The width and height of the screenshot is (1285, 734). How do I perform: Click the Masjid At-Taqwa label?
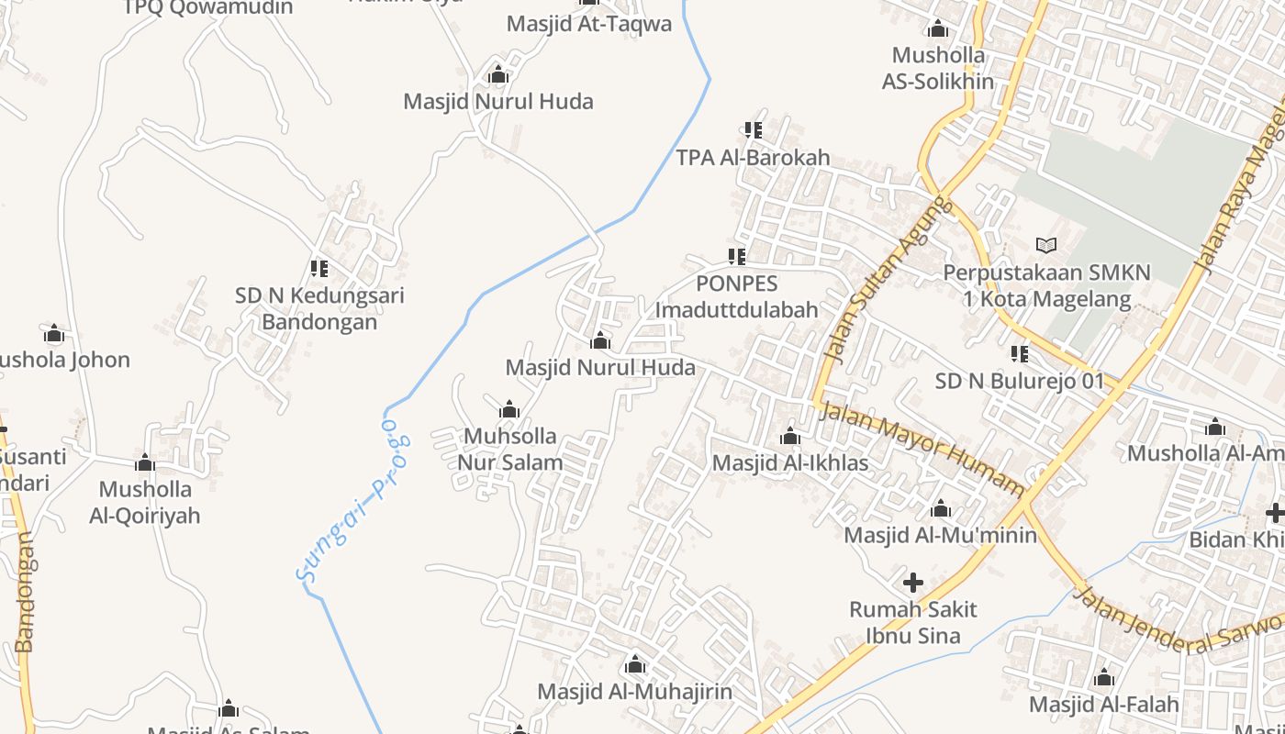589,24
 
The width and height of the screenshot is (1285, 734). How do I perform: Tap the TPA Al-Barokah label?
753,157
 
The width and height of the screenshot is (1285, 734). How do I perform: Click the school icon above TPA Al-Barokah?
754,130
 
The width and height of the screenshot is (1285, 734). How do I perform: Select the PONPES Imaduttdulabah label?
736,296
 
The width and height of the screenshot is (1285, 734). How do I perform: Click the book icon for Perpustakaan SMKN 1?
1045,245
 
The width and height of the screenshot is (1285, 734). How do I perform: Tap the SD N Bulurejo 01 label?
1019,381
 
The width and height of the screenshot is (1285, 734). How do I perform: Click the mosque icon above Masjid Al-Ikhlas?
790,437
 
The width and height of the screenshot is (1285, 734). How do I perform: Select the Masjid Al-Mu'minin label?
940,535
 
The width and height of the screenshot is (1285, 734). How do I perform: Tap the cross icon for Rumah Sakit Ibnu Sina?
913,582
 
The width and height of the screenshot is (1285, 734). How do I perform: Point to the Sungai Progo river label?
353,502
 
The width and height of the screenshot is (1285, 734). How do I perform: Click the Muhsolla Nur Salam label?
510,449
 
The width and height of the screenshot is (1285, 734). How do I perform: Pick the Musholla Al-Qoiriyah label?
145,502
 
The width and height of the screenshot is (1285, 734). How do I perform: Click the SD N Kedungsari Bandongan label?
319,308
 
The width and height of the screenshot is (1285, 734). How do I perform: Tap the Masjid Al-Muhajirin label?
635,691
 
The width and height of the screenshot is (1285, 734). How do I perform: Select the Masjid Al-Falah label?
1103,704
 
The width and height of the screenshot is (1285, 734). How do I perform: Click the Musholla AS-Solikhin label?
938,68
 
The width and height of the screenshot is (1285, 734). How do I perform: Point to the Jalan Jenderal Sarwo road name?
1179,623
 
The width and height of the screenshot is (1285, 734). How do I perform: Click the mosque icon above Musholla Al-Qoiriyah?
145,463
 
